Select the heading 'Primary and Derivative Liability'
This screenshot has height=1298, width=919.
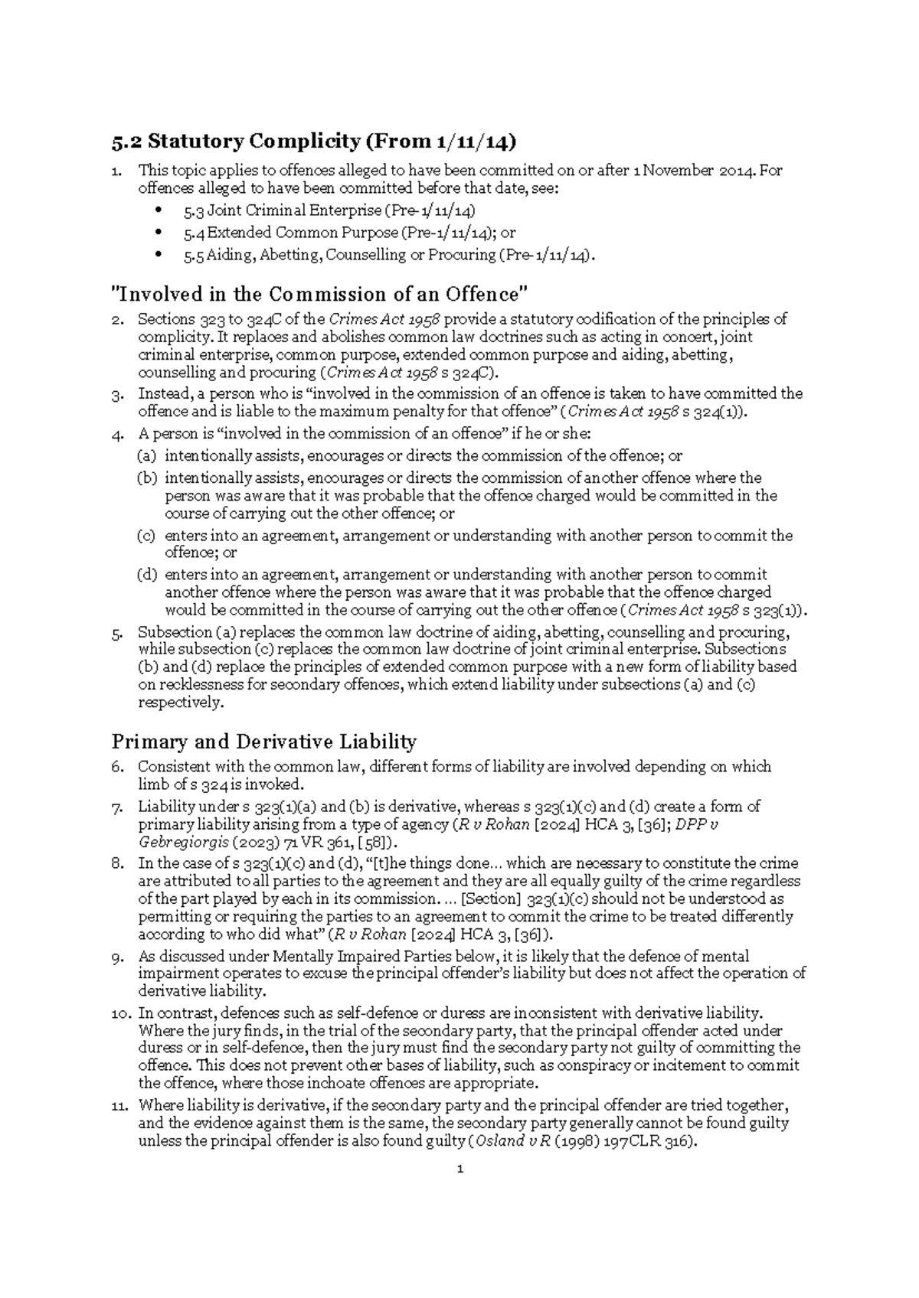tap(263, 742)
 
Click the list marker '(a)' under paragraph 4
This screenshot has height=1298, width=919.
tap(146, 456)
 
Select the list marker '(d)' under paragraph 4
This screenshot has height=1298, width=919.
tap(146, 575)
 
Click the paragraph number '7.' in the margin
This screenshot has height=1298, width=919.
tap(117, 807)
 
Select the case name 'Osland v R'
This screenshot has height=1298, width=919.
tap(512, 1141)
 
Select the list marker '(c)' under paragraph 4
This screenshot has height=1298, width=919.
tap(146, 536)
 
